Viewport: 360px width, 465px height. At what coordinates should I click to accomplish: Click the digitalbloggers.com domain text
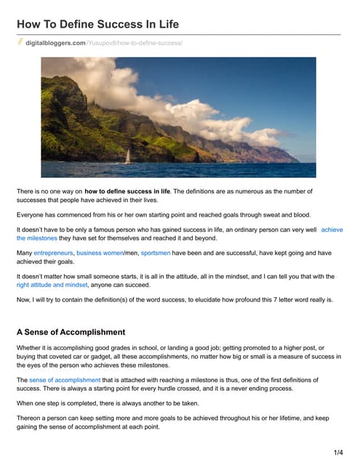point(55,44)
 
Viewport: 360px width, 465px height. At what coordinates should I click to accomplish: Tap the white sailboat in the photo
point(129,155)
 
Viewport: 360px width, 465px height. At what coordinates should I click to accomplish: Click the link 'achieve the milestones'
point(332,230)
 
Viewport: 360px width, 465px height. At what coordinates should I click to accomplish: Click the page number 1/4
point(338,453)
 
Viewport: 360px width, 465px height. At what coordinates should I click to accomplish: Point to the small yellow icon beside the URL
point(20,43)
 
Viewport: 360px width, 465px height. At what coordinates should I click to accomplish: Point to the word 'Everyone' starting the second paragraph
point(33,215)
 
